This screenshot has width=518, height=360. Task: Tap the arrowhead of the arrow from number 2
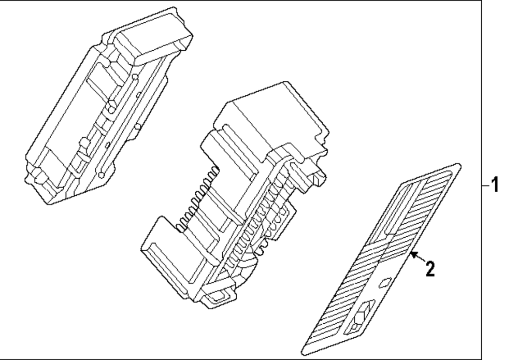click(x=412, y=254)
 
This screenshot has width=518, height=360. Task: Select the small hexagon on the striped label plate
click(x=385, y=282)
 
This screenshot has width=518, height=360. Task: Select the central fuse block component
click(x=233, y=202)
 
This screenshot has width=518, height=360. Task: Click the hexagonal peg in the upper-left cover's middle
click(x=111, y=109)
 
